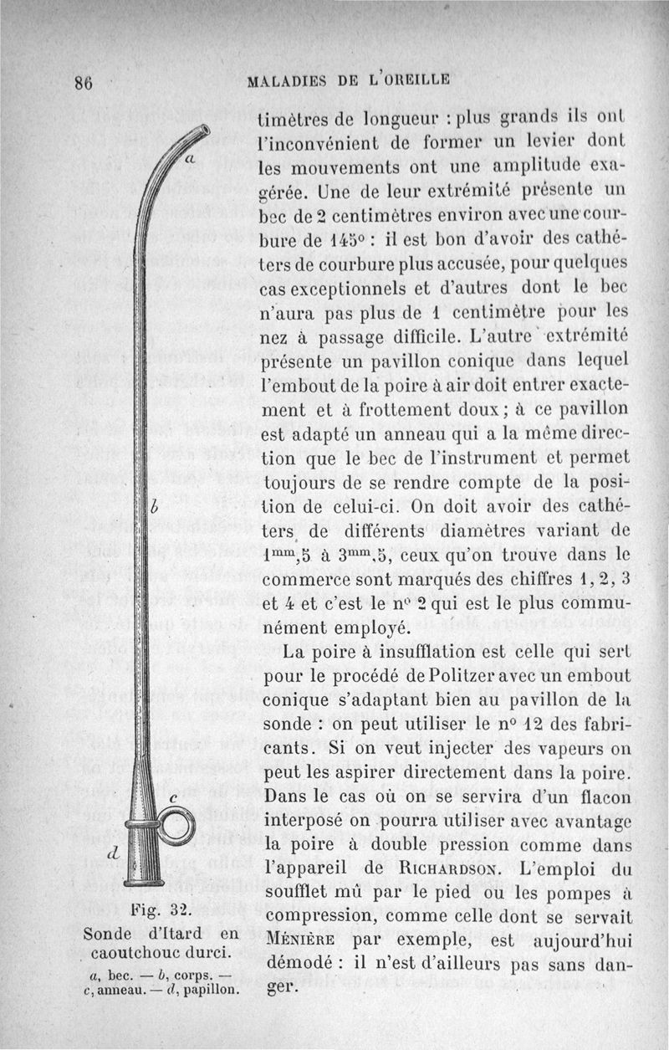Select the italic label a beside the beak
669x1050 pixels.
[190, 158]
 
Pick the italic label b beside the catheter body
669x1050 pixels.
[156, 508]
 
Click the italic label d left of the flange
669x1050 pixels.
[111, 852]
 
